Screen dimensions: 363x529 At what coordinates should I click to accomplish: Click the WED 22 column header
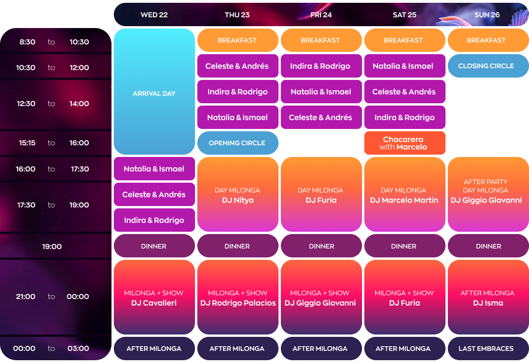pos(154,15)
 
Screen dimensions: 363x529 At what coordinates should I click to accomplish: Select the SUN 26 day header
pos(487,15)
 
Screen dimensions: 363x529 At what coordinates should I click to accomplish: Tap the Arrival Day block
pos(154,92)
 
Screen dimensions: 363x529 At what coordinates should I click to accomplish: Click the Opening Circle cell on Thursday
pos(237,143)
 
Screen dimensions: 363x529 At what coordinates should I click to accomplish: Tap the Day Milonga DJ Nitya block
pos(237,195)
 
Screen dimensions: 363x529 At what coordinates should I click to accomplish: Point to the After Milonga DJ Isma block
pos(488,298)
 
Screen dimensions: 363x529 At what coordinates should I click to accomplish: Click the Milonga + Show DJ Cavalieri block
pos(154,298)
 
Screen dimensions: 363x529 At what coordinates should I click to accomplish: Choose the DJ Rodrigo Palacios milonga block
pos(237,298)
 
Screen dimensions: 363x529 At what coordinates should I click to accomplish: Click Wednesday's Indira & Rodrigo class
pos(154,220)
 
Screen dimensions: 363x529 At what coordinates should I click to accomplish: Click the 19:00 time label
pos(52,246)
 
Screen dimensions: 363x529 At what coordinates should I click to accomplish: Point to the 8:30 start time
pos(28,42)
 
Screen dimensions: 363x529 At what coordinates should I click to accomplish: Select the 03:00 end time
pos(78,348)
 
